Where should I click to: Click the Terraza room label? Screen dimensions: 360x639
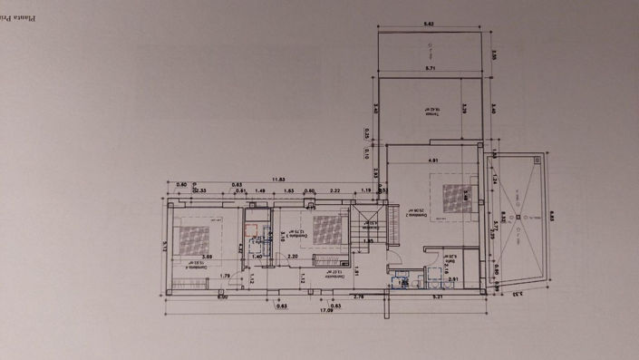429,109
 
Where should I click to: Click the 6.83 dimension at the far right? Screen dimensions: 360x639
550,218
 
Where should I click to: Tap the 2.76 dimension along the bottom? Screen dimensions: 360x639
357,296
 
